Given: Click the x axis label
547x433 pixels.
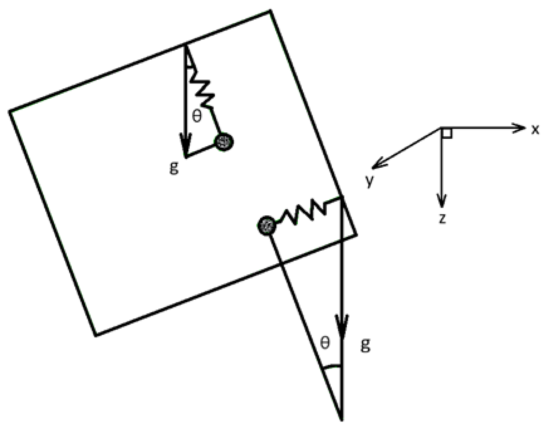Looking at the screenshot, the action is (x=535, y=130).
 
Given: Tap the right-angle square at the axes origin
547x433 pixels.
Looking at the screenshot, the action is (x=447, y=133).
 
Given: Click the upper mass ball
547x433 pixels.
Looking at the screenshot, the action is (x=224, y=143).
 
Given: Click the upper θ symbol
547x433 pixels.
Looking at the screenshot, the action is (x=197, y=117).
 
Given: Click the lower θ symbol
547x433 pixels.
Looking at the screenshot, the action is (x=325, y=343).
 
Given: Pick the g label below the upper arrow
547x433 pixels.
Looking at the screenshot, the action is (x=174, y=168).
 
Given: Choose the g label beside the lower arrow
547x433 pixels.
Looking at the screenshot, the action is (x=365, y=345).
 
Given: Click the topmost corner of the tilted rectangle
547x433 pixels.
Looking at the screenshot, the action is (x=270, y=11).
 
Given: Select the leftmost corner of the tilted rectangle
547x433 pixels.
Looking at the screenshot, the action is (x=10, y=111).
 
